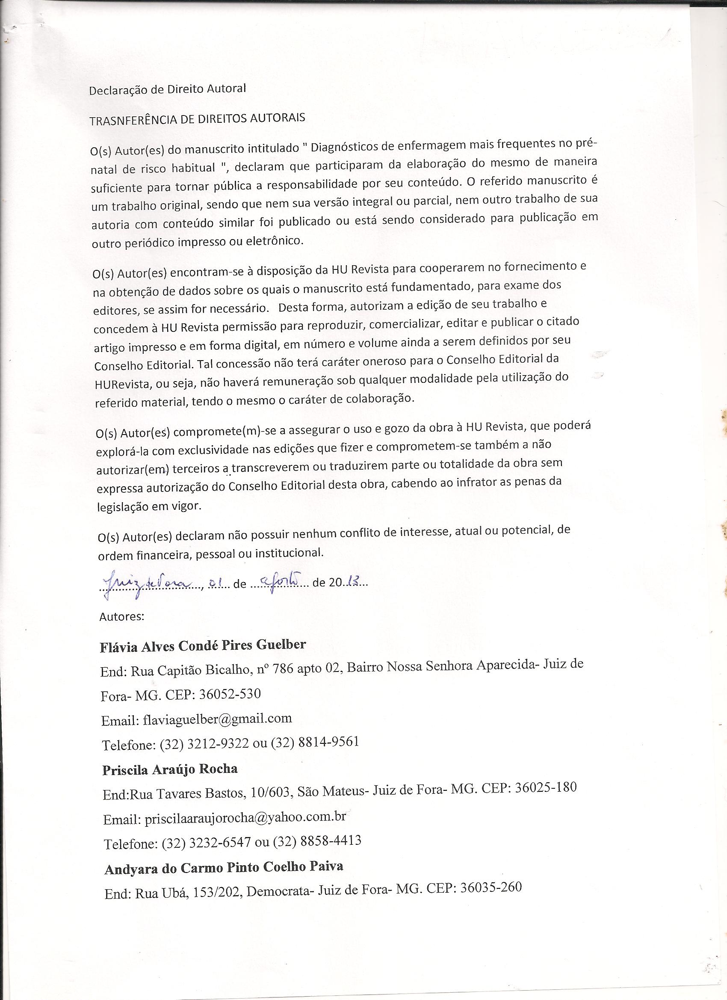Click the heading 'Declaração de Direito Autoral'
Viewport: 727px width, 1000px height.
pos(168,89)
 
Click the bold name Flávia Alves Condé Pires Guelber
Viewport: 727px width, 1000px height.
pos(203,645)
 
